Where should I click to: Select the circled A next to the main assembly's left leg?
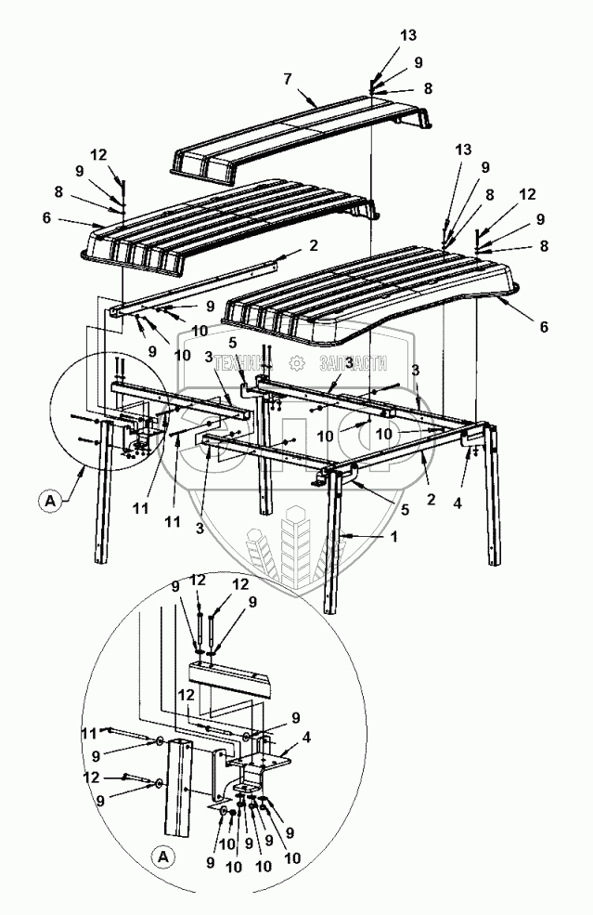coord(49,503)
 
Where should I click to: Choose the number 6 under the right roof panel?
coord(544,327)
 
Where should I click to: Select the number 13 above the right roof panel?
coord(463,150)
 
